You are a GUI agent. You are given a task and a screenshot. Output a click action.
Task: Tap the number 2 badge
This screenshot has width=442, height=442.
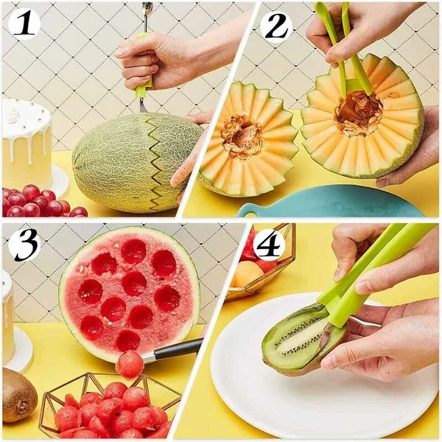click(276, 26)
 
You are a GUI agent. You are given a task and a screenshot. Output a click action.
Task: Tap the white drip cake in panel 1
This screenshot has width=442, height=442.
click(26, 144)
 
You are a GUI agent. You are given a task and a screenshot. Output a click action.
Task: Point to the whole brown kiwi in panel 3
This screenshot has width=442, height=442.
click(18, 395)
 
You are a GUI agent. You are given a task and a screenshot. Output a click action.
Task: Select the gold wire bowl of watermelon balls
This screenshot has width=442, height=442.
click(110, 405)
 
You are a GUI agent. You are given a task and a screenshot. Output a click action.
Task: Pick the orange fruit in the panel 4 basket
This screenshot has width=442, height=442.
click(248, 273)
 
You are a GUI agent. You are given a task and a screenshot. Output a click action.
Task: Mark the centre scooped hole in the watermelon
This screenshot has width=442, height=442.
click(134, 284)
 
